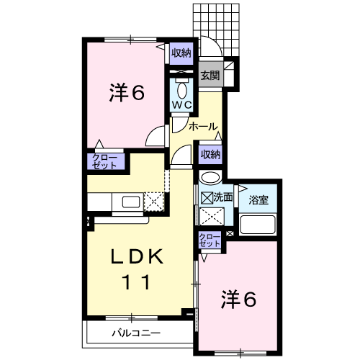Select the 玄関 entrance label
click(x=210, y=75)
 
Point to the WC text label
click(x=181, y=106)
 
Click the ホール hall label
click(x=203, y=127)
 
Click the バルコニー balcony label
click(x=135, y=333)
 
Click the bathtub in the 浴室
click(x=258, y=226)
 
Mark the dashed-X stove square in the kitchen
click(x=154, y=202)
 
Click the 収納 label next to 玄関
click(x=181, y=53)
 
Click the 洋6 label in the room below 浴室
click(x=238, y=297)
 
